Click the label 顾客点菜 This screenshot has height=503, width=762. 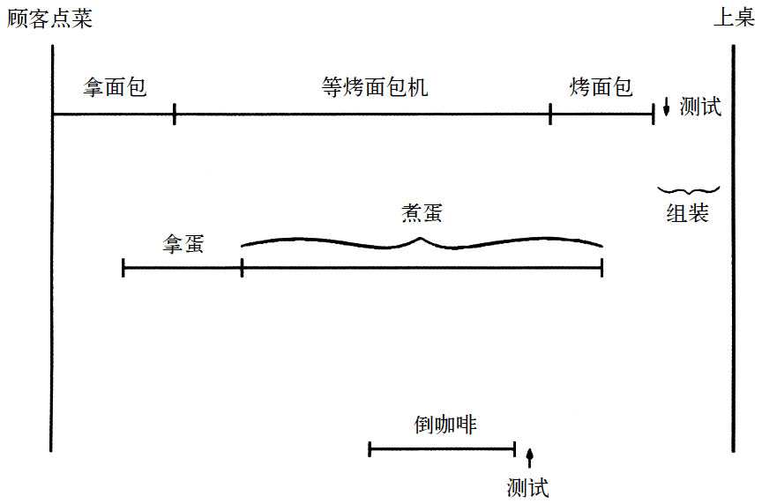point(49,18)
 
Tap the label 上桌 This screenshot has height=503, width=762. point(734,18)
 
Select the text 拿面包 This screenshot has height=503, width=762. point(114,87)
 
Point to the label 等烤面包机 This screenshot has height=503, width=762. point(375,87)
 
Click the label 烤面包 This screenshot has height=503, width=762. point(601,87)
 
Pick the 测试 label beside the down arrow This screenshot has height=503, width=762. point(701,107)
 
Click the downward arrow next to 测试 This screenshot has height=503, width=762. point(667,107)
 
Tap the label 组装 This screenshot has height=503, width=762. point(687,212)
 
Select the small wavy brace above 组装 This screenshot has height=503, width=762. point(689,189)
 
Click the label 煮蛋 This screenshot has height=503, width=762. point(422,214)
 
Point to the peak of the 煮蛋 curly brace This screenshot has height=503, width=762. point(421,238)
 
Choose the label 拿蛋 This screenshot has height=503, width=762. point(183,244)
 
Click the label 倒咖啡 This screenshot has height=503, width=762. point(444,425)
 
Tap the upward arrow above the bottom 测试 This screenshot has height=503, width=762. point(529,457)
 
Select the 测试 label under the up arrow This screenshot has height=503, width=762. point(528,487)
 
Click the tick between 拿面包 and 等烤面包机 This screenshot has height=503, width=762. point(175,114)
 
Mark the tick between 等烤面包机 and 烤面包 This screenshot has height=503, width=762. point(550,114)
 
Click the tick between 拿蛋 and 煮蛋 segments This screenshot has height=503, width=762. point(242,268)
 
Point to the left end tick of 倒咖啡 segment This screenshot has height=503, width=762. point(370,449)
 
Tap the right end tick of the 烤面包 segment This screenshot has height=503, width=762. point(654,114)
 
